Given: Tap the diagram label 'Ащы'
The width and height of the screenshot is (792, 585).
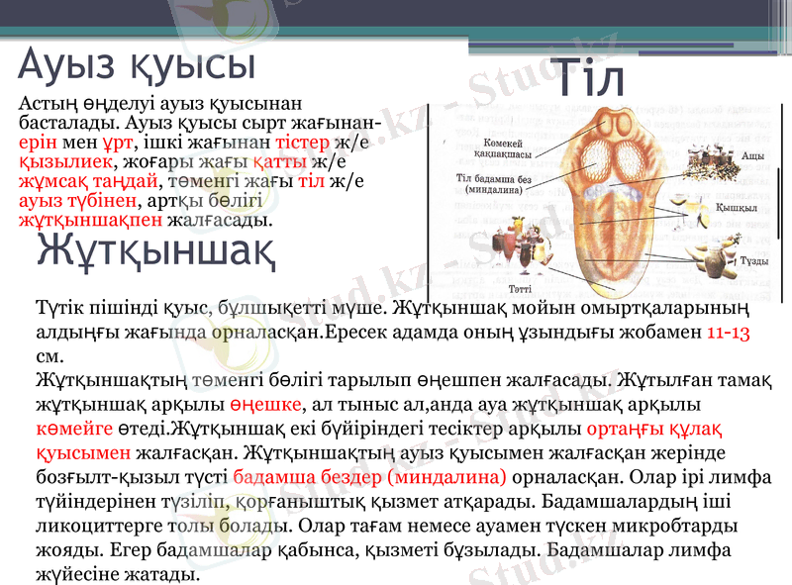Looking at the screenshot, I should tap(751, 156).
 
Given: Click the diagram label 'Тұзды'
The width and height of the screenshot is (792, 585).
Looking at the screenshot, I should tap(754, 260).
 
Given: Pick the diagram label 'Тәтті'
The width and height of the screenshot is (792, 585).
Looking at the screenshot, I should tap(520, 288).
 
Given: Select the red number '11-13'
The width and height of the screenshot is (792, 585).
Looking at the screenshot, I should tap(730, 332).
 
